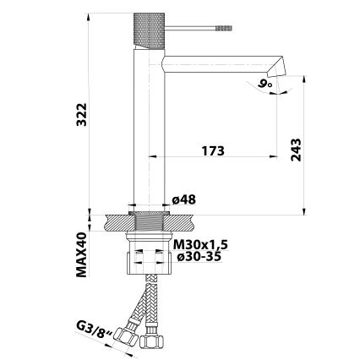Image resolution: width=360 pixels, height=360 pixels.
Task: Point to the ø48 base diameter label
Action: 184,199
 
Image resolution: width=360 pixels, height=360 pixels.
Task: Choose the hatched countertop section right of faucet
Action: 182,223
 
